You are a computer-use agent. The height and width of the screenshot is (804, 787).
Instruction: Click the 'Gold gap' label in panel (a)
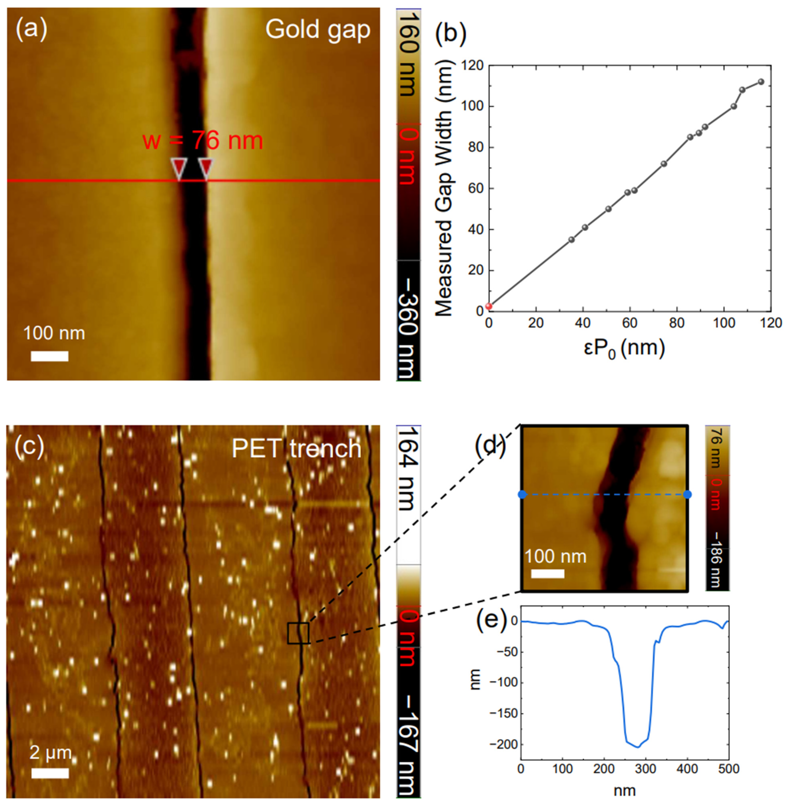tap(317, 30)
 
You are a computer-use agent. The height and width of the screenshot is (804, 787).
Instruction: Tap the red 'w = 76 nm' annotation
tap(202, 141)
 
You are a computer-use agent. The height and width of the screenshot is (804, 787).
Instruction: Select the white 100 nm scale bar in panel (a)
tap(50, 356)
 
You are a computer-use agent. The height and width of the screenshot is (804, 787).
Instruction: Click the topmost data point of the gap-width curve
tap(761, 82)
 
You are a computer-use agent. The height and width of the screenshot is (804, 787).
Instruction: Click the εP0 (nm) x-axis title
tap(624, 348)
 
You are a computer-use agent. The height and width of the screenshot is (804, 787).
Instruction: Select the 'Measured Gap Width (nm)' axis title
tap(444, 188)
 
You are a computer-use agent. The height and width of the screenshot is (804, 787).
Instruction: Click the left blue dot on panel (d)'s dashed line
tap(522, 494)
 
